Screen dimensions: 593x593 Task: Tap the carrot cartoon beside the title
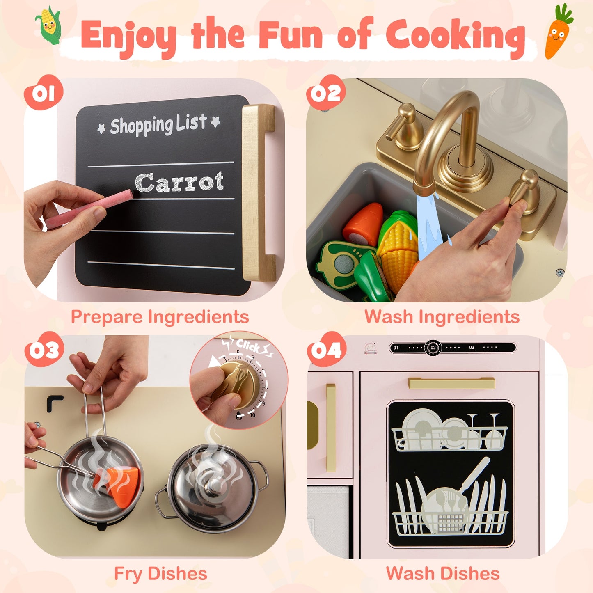[557, 33]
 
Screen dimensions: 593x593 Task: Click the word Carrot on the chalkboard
[179, 182]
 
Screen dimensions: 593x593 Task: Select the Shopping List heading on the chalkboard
[159, 125]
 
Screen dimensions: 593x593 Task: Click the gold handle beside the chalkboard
[258, 193]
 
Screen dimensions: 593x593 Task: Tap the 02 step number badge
[326, 94]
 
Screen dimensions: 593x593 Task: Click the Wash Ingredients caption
[442, 317]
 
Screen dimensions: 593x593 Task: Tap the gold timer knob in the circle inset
[236, 382]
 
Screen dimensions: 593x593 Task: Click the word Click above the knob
[247, 346]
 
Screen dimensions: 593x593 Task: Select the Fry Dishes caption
[160, 574]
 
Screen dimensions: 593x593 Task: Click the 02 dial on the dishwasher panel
[433, 348]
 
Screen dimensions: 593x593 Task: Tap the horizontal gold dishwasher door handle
[451, 383]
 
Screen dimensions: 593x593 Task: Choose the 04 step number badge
[326, 350]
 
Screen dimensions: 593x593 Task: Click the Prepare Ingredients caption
[160, 317]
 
